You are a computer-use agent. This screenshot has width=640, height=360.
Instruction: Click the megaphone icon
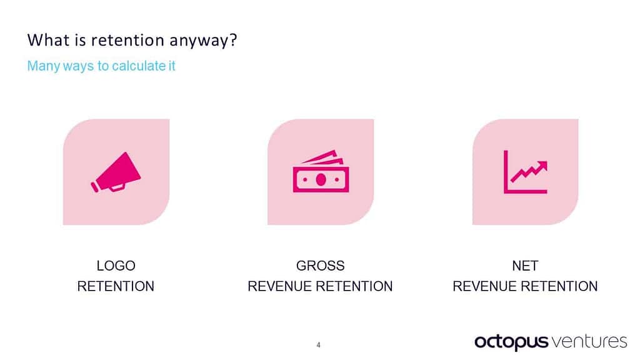[116, 172]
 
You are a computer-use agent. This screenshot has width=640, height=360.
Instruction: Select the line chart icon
[525, 172]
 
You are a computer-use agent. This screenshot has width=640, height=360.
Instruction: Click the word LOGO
[116, 266]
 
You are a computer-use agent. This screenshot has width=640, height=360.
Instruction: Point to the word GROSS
[320, 266]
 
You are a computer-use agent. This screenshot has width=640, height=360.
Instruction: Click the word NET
[525, 266]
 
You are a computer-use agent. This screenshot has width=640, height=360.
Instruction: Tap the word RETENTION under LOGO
[116, 286]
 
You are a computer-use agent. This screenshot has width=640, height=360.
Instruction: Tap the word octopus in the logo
[511, 342]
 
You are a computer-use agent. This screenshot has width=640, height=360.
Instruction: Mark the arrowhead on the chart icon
[542, 164]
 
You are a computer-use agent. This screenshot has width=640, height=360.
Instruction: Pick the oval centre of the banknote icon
[321, 179]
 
